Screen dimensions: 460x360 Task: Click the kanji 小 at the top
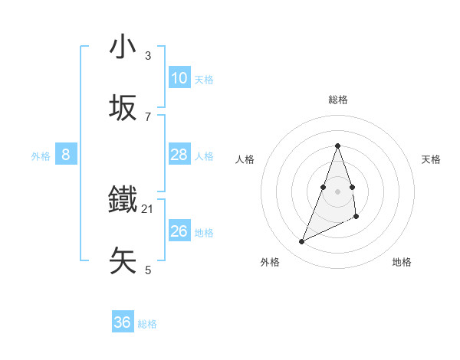[x=123, y=47]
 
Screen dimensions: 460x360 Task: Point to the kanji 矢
[x=123, y=260]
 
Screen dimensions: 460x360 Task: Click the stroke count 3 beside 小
[x=147, y=56]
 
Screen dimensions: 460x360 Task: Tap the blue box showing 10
[x=179, y=78]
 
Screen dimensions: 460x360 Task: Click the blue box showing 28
[x=179, y=155]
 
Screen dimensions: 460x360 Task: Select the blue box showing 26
[x=179, y=231]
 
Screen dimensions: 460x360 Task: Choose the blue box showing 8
[x=66, y=155]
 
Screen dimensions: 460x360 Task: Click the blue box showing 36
[x=123, y=322]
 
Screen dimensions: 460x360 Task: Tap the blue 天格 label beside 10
[x=204, y=79]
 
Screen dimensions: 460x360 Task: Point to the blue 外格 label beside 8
[x=41, y=155]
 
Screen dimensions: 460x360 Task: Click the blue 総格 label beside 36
[x=147, y=323]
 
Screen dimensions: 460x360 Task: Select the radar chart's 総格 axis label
[x=337, y=100]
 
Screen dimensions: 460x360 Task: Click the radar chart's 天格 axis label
[x=431, y=159]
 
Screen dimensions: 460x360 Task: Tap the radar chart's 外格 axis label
[x=270, y=262]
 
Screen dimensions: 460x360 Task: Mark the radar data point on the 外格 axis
[x=301, y=242]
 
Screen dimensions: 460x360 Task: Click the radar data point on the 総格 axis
[x=337, y=146]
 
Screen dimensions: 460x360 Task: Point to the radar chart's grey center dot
[x=337, y=191]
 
